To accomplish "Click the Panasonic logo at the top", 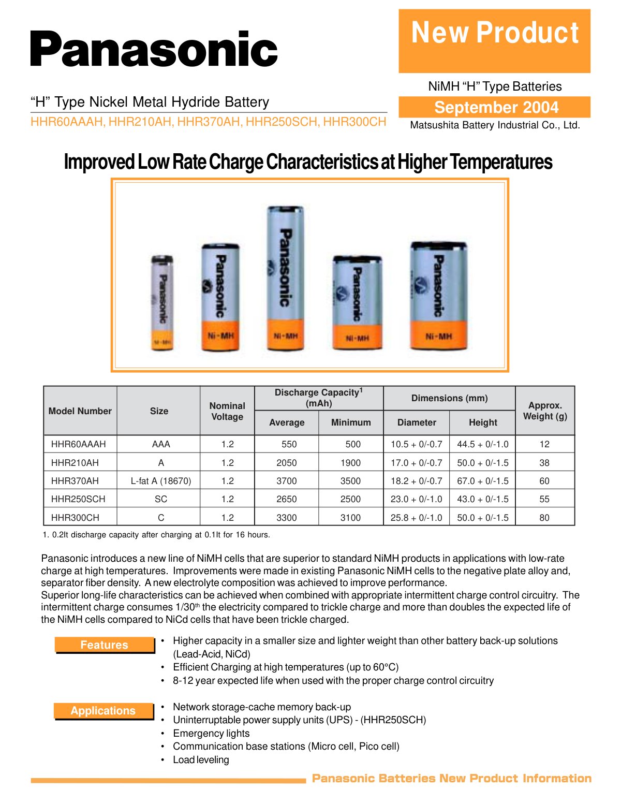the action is [154, 49].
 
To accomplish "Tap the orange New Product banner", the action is [494, 41].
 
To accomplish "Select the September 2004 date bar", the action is [494, 107].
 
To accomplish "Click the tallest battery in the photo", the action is [286, 277].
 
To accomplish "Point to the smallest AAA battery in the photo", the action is [162, 302].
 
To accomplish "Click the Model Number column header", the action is [80, 411].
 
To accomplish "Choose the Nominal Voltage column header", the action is [227, 411].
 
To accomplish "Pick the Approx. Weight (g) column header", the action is [545, 411].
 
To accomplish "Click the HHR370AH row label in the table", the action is [75, 480].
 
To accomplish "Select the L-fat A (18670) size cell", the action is [161, 480].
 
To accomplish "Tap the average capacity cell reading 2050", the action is [287, 462].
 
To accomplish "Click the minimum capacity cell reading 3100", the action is [350, 517].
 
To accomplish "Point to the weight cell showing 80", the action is [544, 517].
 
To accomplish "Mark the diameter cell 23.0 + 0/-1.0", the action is [416, 499].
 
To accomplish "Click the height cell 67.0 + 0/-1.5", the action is [483, 480].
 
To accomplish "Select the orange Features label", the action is [105, 645].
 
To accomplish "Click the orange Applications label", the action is [103, 711].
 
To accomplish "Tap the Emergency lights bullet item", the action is [211, 733].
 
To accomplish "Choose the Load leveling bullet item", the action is [201, 759].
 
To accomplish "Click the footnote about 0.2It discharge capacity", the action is [156, 535].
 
